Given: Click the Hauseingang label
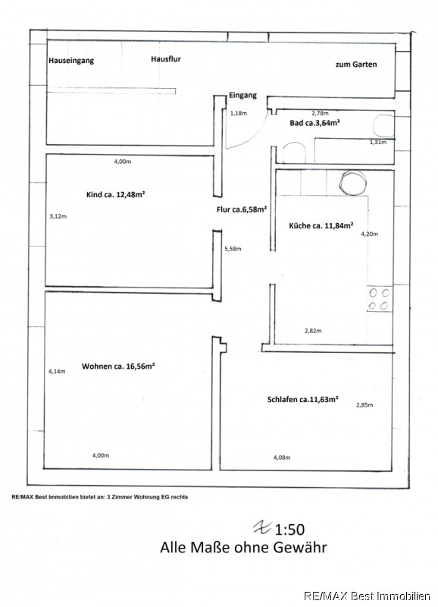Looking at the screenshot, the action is pyautogui.click(x=71, y=61).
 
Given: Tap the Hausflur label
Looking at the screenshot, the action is pyautogui.click(x=166, y=59).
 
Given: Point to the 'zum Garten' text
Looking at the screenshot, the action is pyautogui.click(x=356, y=64).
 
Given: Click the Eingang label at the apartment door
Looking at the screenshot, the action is pyautogui.click(x=242, y=96).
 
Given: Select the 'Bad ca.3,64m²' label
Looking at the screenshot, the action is pyautogui.click(x=314, y=123).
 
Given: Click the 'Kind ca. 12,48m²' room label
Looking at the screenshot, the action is pyautogui.click(x=116, y=194).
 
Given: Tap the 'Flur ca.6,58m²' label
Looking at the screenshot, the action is pyautogui.click(x=242, y=209).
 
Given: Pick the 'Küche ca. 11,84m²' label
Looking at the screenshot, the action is pyautogui.click(x=321, y=225).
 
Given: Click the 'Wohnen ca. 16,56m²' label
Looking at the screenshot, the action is pyautogui.click(x=118, y=366).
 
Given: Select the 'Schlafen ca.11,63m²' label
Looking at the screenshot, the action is pyautogui.click(x=303, y=399).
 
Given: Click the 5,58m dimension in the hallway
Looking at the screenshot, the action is pyautogui.click(x=233, y=249).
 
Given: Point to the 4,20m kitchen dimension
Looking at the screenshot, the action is pyautogui.click(x=370, y=234).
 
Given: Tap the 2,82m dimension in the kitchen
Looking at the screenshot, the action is pyautogui.click(x=313, y=331).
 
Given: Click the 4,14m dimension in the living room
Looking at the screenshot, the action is pyautogui.click(x=57, y=371).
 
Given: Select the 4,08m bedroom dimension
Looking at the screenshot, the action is pyautogui.click(x=282, y=458).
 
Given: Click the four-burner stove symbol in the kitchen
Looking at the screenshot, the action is pyautogui.click(x=378, y=299).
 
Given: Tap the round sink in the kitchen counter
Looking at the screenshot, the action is pyautogui.click(x=352, y=182).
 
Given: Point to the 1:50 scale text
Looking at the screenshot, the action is pyautogui.click(x=289, y=529).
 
